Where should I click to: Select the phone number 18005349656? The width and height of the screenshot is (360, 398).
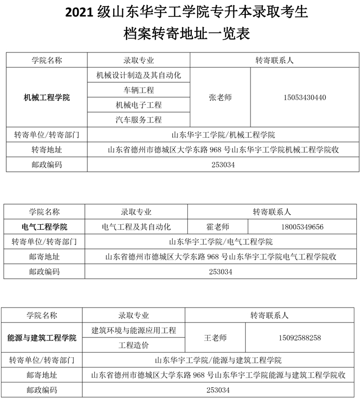pyautogui.click(x=302, y=227)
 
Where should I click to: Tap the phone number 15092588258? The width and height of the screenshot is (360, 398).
pyautogui.click(x=300, y=338)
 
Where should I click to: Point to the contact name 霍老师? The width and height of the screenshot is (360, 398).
pyautogui.click(x=218, y=227)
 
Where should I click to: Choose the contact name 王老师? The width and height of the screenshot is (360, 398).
pyautogui.click(x=215, y=338)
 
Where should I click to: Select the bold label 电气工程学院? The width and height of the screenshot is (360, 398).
pyautogui.click(x=45, y=227)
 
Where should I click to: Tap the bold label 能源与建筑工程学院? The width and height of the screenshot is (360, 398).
pyautogui.click(x=42, y=338)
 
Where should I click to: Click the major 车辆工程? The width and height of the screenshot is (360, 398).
pyautogui.click(x=139, y=90)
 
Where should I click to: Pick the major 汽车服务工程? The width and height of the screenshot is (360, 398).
pyautogui.click(x=139, y=120)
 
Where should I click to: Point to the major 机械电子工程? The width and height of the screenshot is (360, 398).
pyautogui.click(x=139, y=105)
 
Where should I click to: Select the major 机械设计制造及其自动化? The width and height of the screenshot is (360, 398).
pyautogui.click(x=139, y=75)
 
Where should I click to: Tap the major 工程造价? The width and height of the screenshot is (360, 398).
pyautogui.click(x=134, y=345)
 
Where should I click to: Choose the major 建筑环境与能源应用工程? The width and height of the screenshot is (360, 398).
pyautogui.click(x=134, y=330)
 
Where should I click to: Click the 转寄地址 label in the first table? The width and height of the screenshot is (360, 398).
pyautogui.click(x=47, y=150)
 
